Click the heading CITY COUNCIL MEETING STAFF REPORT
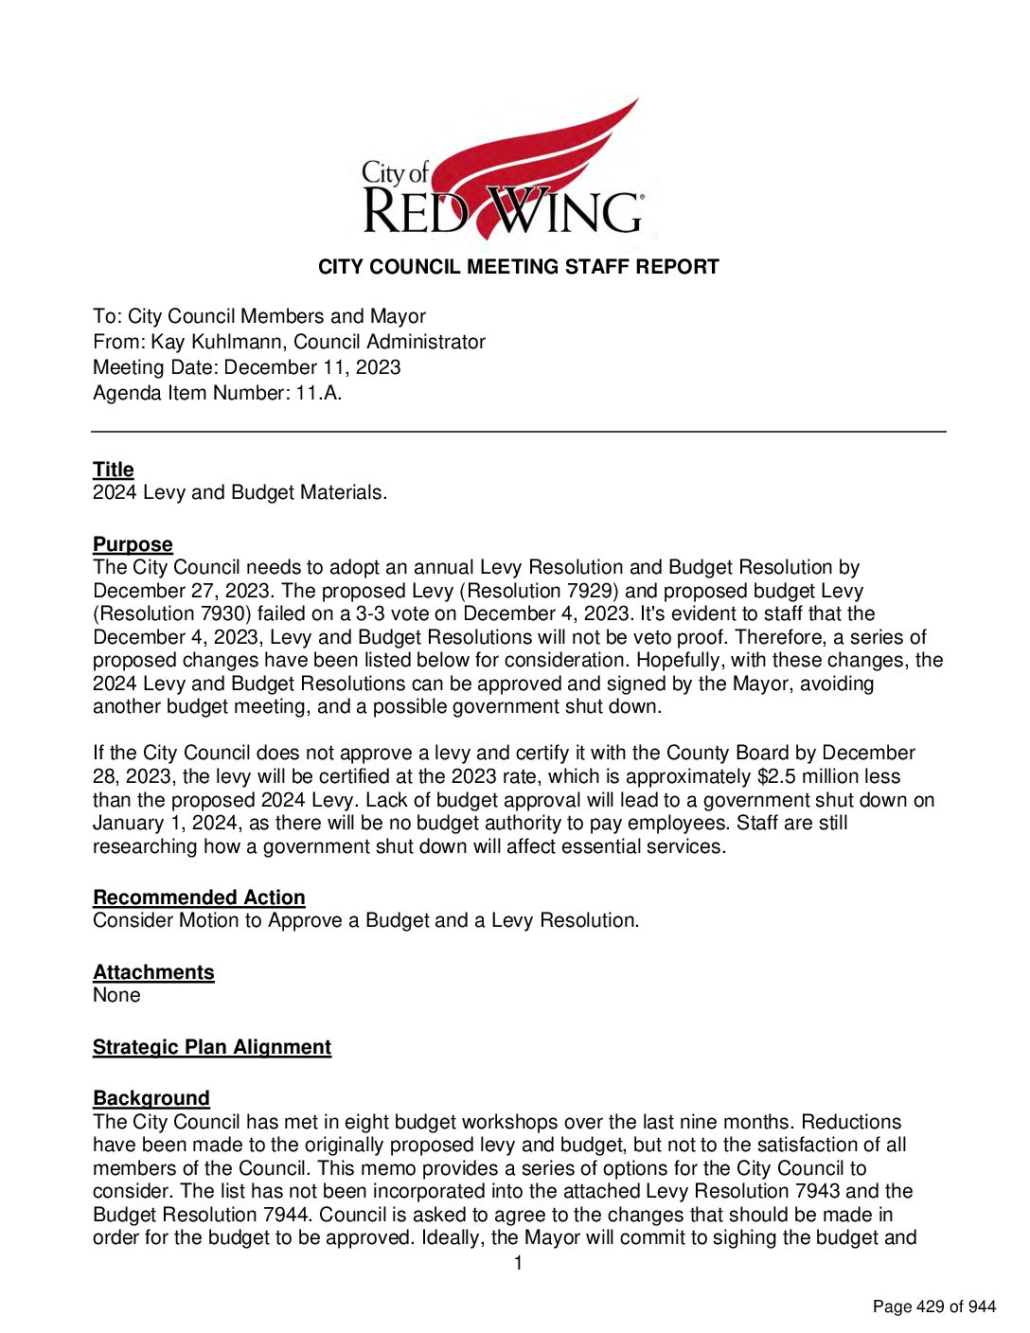click(518, 267)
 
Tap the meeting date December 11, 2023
click(312, 367)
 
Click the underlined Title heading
click(113, 470)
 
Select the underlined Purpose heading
click(133, 544)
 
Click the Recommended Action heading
click(199, 898)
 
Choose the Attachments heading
click(153, 972)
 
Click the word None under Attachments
click(116, 995)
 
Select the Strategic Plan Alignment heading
click(212, 1047)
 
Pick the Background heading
click(151, 1098)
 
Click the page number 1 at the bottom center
click(518, 1263)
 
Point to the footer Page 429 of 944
click(933, 1306)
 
